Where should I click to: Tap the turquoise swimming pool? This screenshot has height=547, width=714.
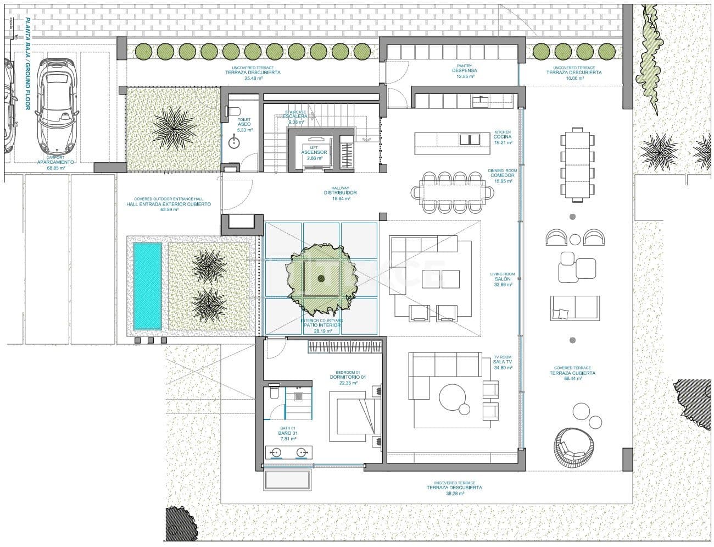tap(147, 286)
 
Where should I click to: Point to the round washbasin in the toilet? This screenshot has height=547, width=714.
tap(235, 142)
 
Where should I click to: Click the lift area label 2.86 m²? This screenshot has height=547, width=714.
tap(317, 158)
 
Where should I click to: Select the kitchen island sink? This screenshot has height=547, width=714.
tap(470, 139)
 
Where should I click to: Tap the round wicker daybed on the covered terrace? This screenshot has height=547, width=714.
tap(574, 446)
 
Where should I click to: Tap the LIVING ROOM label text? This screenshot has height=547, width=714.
tap(502, 274)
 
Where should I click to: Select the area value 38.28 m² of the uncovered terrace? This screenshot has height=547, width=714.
tap(454, 494)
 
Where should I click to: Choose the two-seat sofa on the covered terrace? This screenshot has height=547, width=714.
tap(574, 308)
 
